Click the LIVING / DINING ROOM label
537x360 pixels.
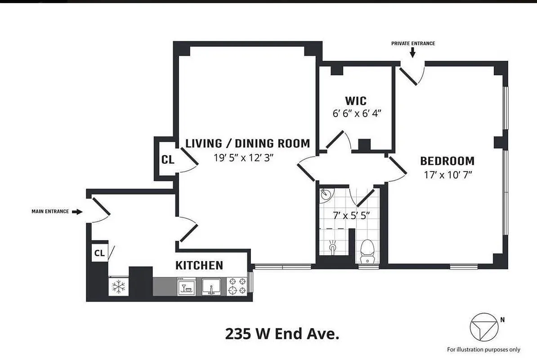[248, 144]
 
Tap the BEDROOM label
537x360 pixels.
[447, 161]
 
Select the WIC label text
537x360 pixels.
[356, 101]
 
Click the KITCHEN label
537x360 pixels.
[199, 265]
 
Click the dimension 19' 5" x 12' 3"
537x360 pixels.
[244, 157]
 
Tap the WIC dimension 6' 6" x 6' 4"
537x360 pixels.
[357, 113]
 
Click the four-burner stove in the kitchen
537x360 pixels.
[237, 286]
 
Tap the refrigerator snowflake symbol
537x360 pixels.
[118, 287]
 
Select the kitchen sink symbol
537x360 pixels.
[210, 286]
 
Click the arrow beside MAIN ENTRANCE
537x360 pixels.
[77, 211]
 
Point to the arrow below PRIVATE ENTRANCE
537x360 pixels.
[413, 53]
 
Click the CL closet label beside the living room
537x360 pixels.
[168, 160]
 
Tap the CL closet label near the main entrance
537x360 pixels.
[99, 253]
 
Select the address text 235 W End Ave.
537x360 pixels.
[282, 334]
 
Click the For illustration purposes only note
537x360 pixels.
[483, 349]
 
